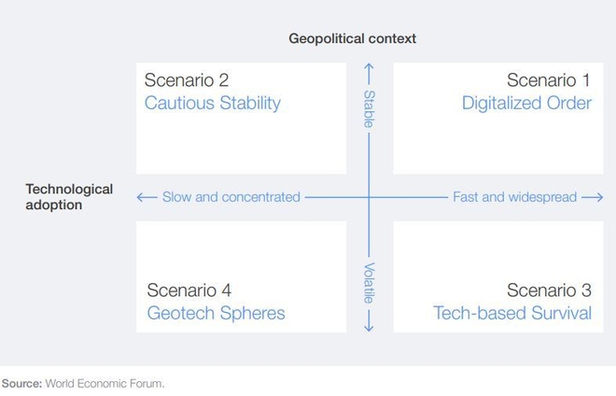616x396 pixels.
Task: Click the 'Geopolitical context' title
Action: coord(353,38)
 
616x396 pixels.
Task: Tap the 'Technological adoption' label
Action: coord(69,197)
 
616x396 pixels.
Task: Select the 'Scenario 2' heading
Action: coord(187,80)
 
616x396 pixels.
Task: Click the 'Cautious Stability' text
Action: coord(213,104)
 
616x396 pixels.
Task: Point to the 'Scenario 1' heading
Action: coord(549,80)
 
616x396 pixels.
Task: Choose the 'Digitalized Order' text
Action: coord(526,104)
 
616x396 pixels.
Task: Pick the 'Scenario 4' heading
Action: coord(189,290)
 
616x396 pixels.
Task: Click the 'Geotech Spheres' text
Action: coord(217,314)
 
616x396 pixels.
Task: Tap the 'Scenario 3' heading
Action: coord(549,290)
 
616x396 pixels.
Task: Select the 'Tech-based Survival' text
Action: coord(512,314)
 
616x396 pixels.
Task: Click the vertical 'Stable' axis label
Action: coord(369,109)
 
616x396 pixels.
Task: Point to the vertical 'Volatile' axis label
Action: coord(369,283)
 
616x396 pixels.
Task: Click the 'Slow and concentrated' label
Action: coord(231,197)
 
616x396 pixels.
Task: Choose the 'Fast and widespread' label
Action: coord(514,197)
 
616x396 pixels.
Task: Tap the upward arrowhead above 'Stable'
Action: coord(369,67)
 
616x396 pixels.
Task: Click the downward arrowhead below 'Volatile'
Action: coord(369,326)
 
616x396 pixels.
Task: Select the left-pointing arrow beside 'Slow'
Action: coord(147,197)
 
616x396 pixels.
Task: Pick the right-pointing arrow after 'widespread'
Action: coord(593,197)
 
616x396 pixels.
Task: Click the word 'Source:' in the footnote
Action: coord(22,384)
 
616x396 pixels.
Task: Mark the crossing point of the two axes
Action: coord(369,197)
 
